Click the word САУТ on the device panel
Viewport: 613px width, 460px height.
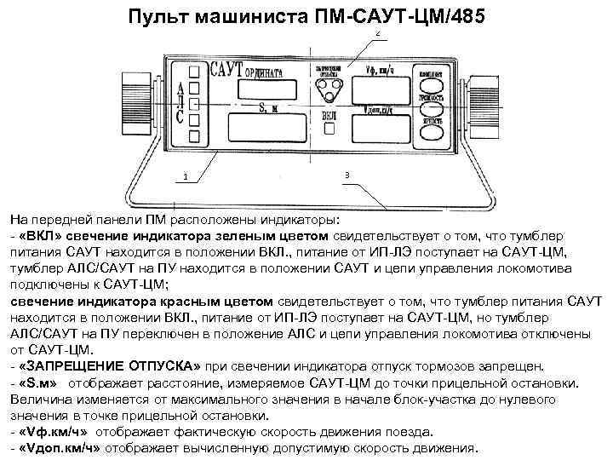(x=226, y=68)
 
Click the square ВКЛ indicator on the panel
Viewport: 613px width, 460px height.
(x=329, y=129)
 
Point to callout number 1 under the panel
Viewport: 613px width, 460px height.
(x=185, y=177)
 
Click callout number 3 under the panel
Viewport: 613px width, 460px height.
(x=347, y=174)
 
